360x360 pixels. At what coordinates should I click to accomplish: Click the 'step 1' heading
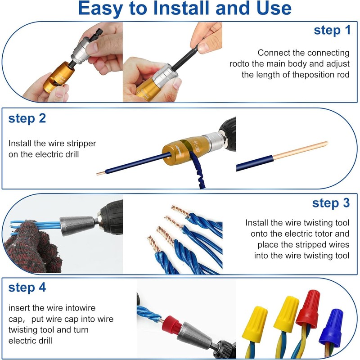[x=332, y=31]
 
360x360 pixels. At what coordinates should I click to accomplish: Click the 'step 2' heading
[x=27, y=119]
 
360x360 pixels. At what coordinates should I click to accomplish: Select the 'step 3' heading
[x=331, y=203]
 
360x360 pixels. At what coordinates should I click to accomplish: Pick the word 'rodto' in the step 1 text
[x=239, y=64]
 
